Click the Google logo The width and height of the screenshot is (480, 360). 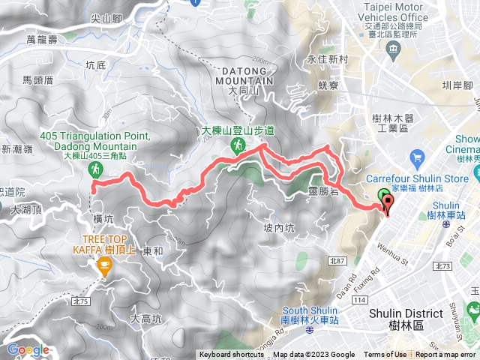(28, 349)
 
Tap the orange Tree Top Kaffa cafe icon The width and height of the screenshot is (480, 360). (104, 264)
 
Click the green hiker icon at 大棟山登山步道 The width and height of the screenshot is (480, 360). (237, 145)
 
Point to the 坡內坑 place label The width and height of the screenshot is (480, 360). (278, 228)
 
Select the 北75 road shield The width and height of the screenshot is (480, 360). (82, 280)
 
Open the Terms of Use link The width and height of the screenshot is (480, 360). (385, 355)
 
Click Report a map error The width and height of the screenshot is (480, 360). (446, 355)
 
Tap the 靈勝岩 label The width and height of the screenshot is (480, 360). (322, 193)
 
